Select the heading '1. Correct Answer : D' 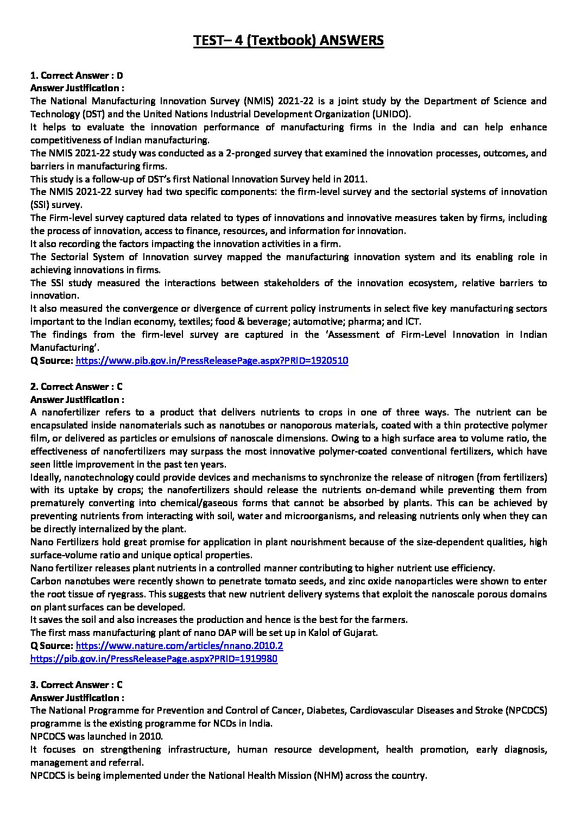[77, 75]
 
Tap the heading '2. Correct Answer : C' [77, 387]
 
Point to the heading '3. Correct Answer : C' [77, 685]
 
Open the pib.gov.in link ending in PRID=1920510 [212, 361]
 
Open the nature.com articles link [179, 646]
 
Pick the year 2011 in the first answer [357, 179]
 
